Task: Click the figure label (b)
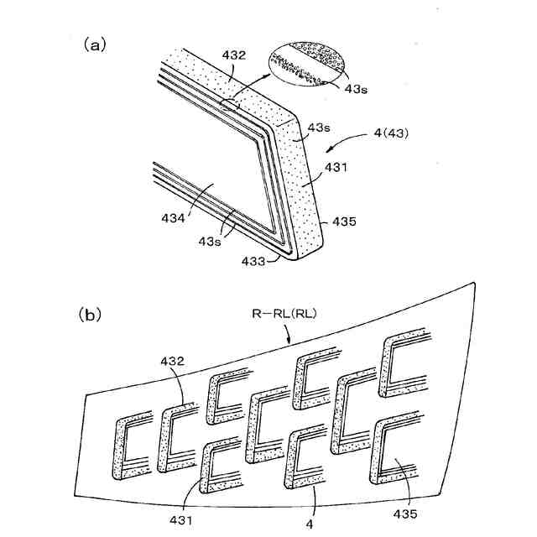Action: (x=91, y=315)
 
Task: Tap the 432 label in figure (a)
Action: (x=234, y=56)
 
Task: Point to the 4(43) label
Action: (x=389, y=133)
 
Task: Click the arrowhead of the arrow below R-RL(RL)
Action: (x=289, y=343)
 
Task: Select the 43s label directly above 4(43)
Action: (x=319, y=128)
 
